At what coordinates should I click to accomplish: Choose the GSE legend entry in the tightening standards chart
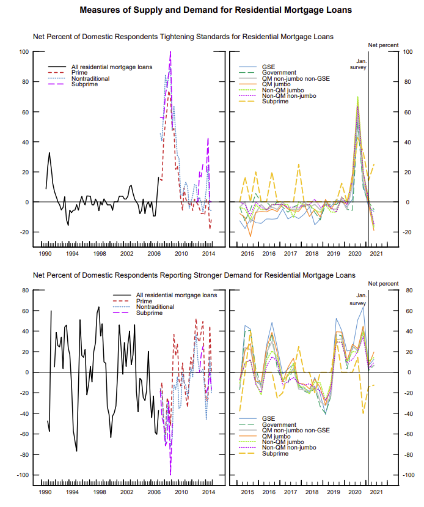268,66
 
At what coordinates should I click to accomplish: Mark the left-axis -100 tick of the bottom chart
23,475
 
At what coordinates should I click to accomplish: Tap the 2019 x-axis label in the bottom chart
334,492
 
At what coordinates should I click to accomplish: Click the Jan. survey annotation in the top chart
362,64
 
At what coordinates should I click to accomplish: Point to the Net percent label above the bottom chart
383,284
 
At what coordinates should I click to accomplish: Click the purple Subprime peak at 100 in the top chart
170,53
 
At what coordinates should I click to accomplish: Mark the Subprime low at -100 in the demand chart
170,475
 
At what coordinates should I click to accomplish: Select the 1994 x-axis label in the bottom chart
72,492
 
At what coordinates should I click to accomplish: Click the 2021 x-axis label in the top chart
377,253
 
